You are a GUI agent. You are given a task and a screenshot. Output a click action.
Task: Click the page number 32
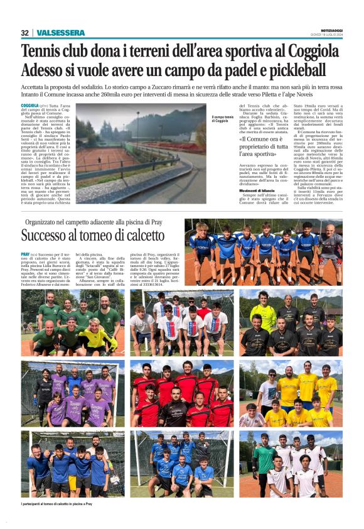click(x=24, y=33)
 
